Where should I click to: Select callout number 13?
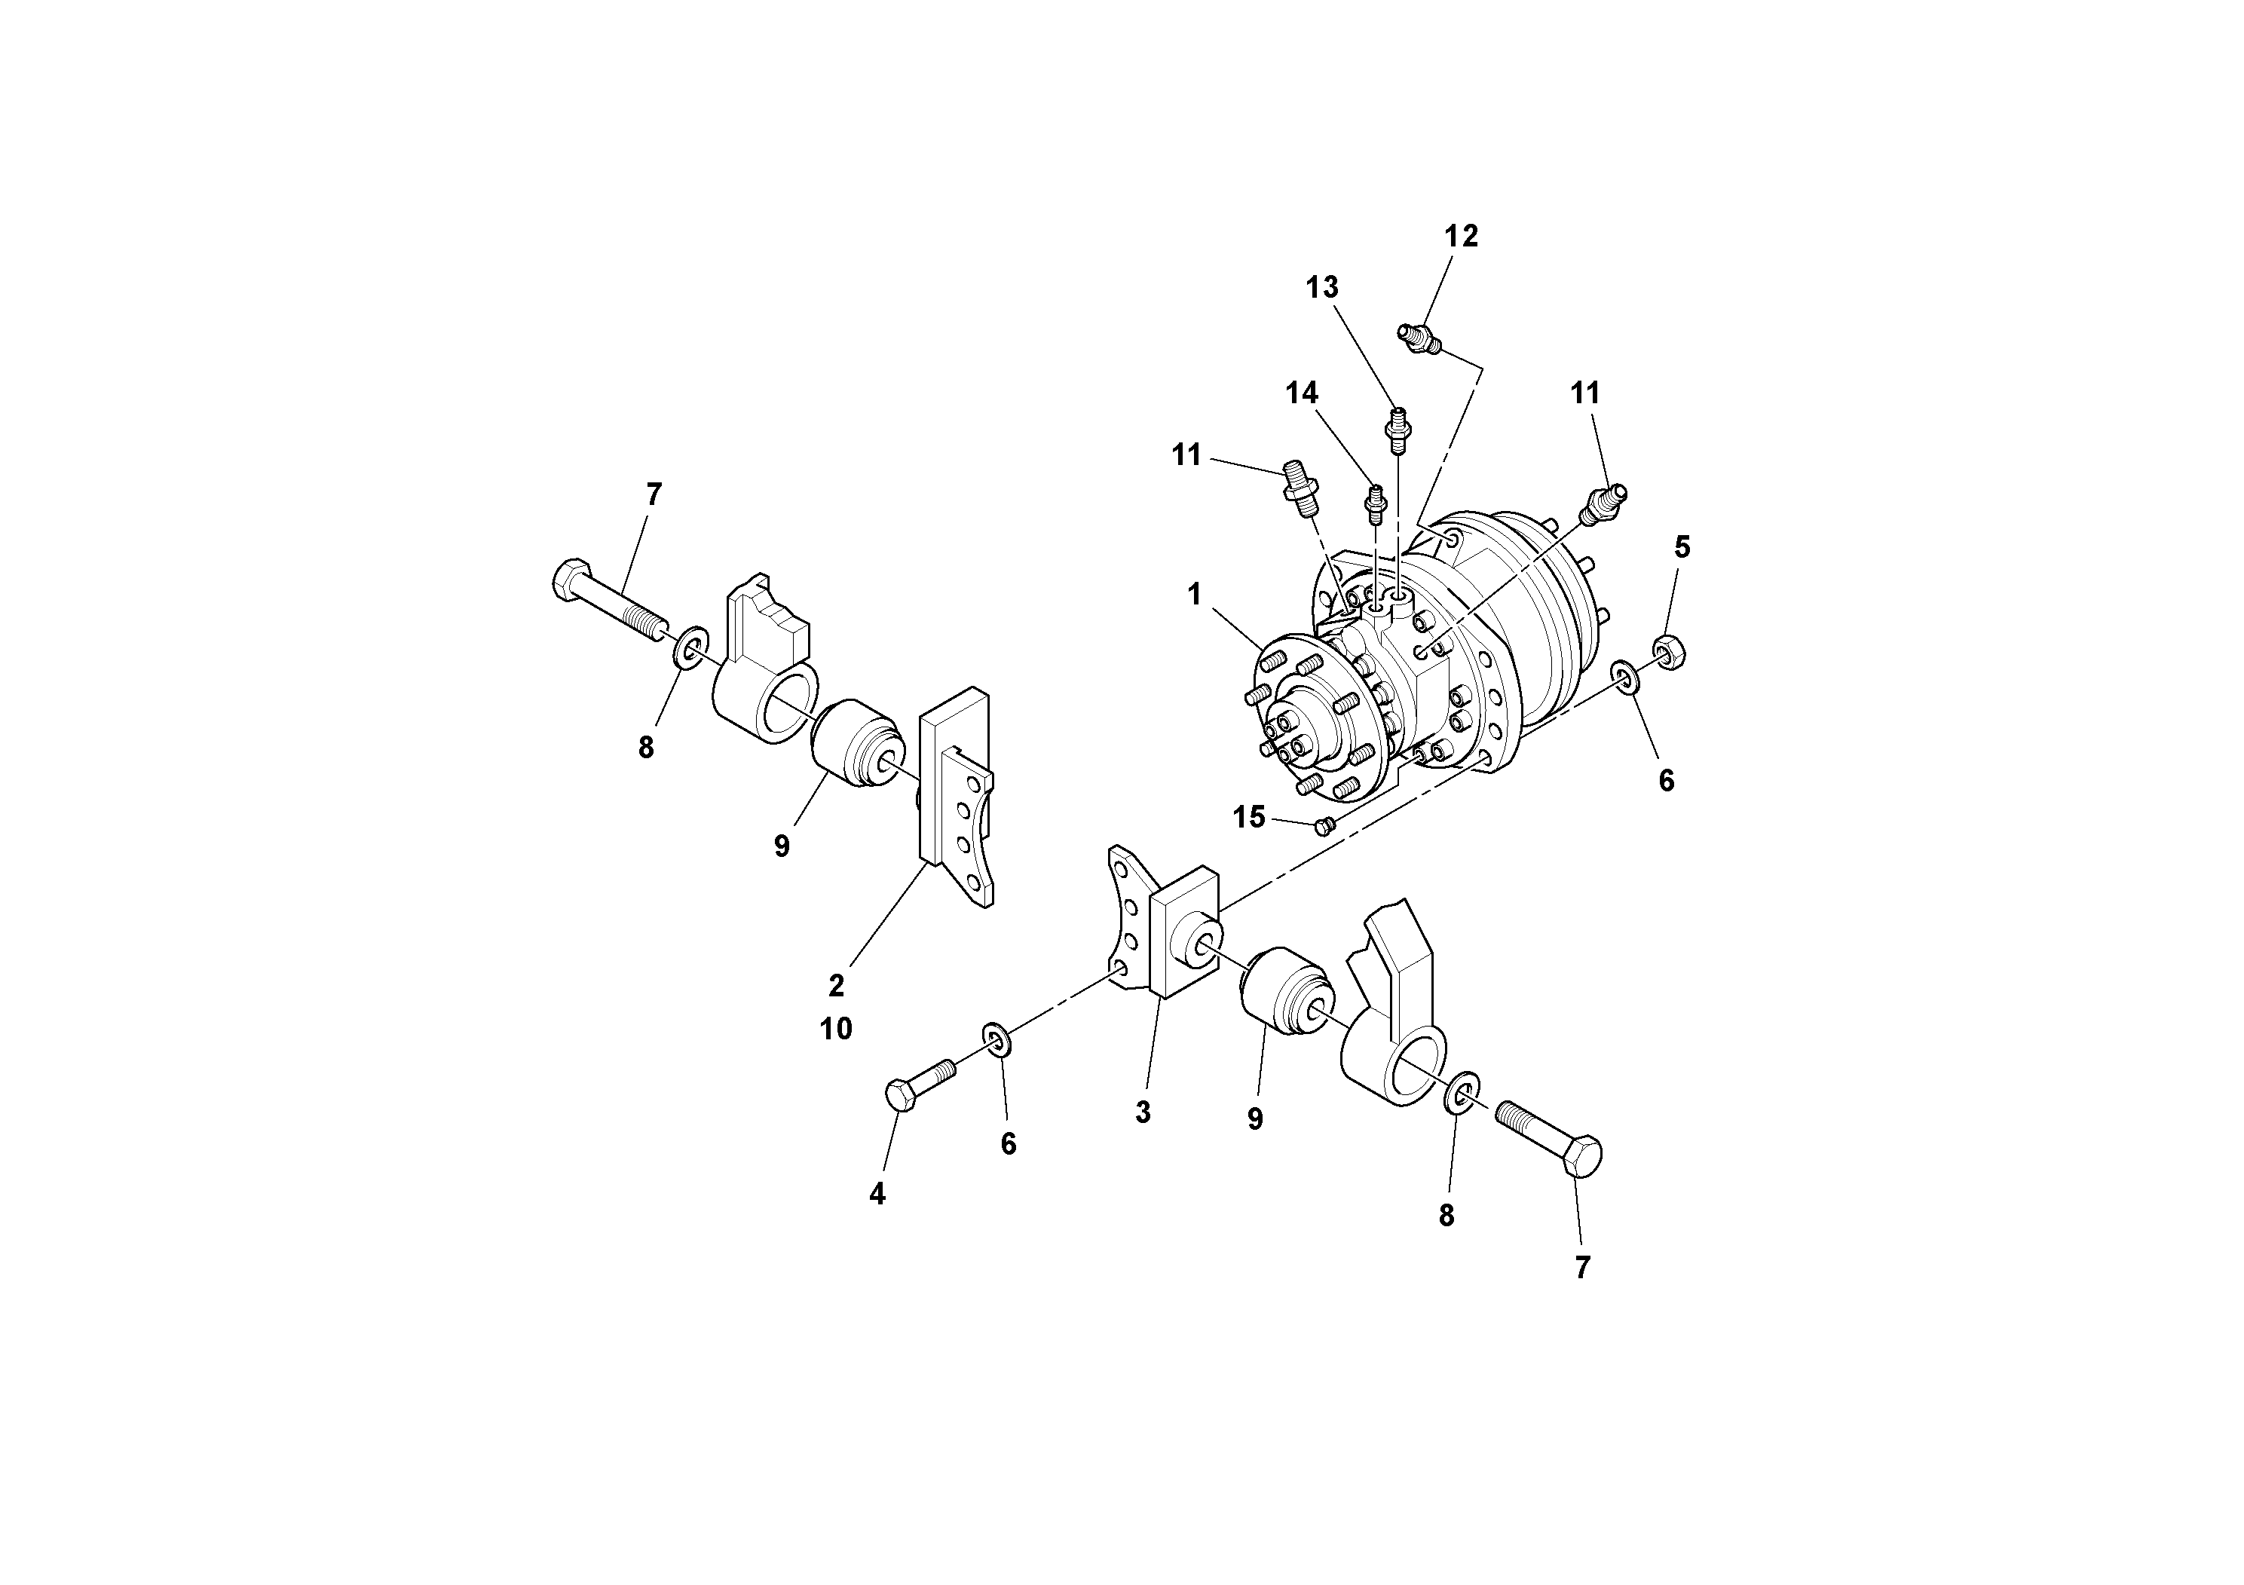pyautogui.click(x=1321, y=288)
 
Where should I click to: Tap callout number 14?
pyautogui.click(x=1301, y=394)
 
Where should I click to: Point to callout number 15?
pyautogui.click(x=1248, y=817)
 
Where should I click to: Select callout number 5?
pyautogui.click(x=1681, y=548)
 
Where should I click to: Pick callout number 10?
pyautogui.click(x=836, y=1029)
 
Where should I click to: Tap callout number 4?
pyautogui.click(x=877, y=1193)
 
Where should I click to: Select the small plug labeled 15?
pyautogui.click(x=1324, y=827)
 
